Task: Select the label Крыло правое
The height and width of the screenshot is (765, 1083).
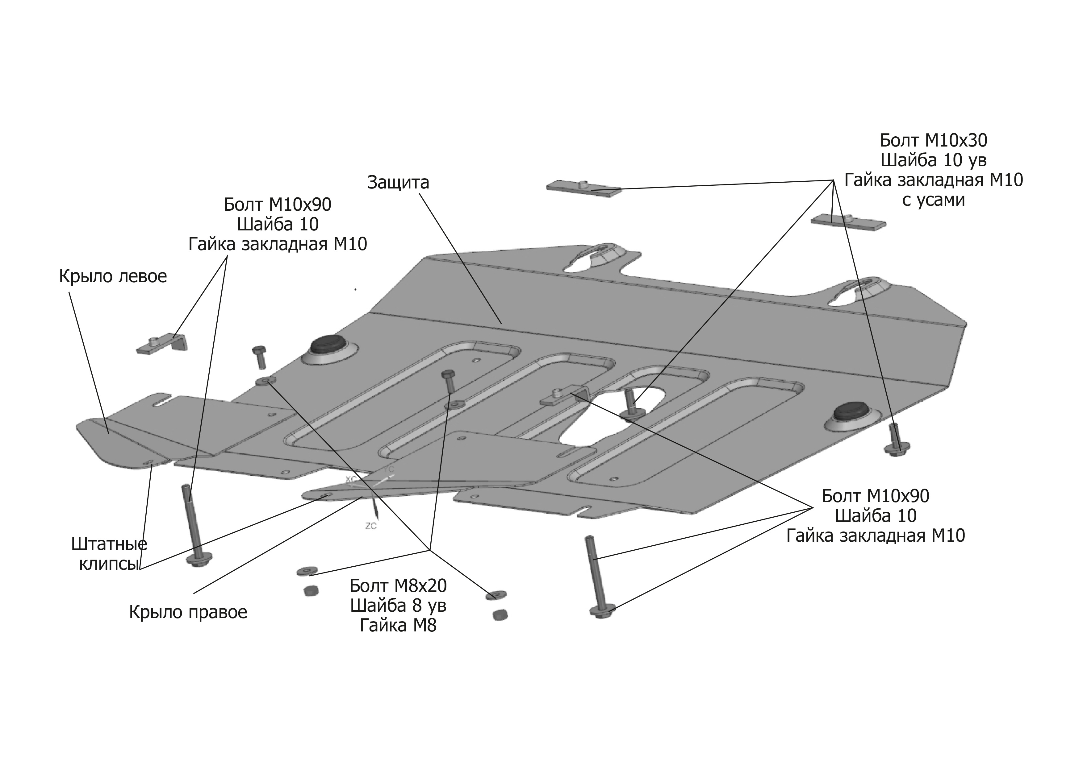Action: [188, 612]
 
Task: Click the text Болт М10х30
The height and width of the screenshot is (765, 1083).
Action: [934, 140]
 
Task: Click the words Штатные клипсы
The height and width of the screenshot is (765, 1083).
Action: [109, 554]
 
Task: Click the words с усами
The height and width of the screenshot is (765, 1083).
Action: [934, 200]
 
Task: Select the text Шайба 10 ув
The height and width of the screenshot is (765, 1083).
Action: [934, 160]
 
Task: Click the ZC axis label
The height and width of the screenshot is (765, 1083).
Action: [371, 526]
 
